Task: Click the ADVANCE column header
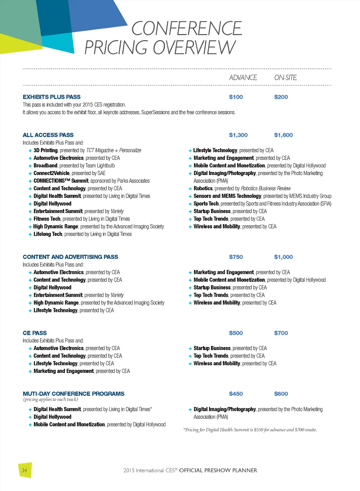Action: coord(243,78)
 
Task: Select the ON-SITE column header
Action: coord(285,78)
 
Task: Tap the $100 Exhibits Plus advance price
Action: coord(236,97)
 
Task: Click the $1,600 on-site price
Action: coord(283,135)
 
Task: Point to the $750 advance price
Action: coord(236,257)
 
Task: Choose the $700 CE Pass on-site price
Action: coord(281,333)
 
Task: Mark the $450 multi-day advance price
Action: coord(236,394)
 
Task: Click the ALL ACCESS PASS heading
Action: coord(48,135)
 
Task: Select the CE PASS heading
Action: coord(35,333)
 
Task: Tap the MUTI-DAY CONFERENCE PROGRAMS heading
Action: coord(73,394)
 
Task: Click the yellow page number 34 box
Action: coord(25,470)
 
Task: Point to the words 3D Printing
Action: coord(46,150)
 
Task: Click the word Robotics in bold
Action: coord(203,188)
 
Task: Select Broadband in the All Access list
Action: coord(45,166)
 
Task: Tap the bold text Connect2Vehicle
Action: coord(52,173)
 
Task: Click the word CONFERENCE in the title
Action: coord(187,28)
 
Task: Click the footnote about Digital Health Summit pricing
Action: coord(250,429)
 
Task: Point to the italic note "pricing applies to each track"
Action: coord(51,399)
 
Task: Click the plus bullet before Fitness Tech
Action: coord(30,219)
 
